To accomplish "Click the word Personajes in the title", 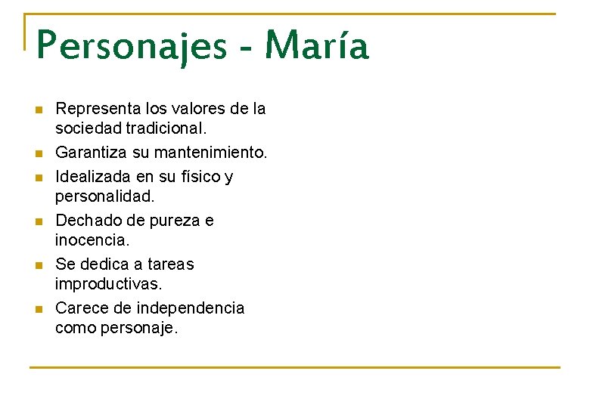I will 132,47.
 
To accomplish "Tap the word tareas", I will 170,264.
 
